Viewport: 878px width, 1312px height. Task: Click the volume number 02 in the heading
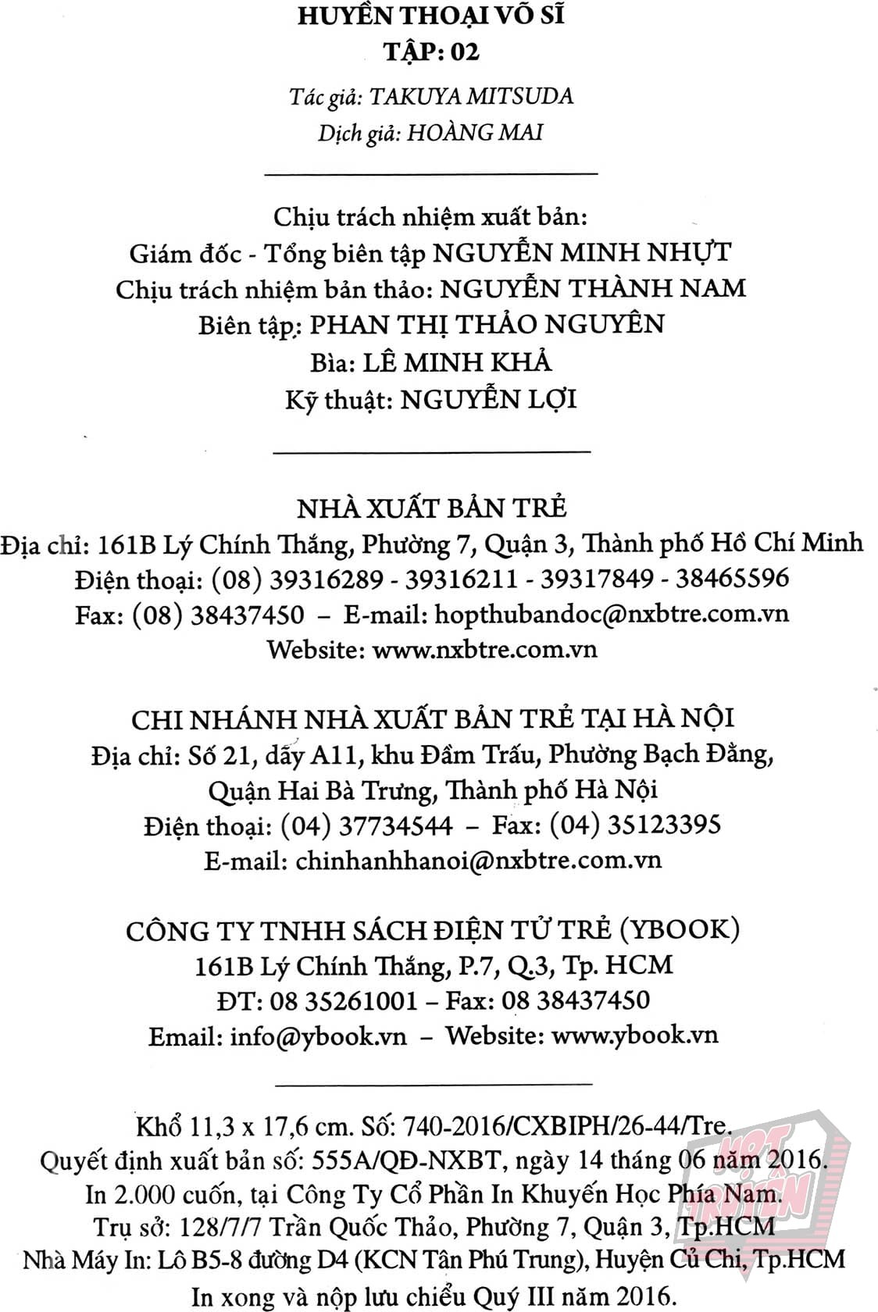click(463, 52)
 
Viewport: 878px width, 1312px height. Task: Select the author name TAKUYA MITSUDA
click(471, 96)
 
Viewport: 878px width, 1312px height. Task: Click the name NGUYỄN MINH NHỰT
click(582, 253)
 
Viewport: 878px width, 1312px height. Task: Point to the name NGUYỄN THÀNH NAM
click(594, 289)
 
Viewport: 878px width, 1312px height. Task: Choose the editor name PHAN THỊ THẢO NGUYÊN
click(487, 324)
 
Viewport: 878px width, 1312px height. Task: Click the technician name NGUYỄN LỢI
click(489, 400)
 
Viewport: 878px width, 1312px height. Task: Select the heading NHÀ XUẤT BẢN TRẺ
click(432, 508)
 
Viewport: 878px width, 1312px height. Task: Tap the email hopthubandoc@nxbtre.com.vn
click(611, 614)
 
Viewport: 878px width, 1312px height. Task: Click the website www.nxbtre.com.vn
click(485, 649)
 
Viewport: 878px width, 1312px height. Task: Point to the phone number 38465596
click(732, 579)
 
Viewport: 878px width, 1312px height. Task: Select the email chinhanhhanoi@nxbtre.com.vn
click(479, 861)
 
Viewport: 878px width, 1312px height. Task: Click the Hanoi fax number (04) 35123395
click(635, 825)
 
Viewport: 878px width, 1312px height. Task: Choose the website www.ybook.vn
click(634, 1036)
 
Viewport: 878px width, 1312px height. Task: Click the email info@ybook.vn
click(319, 1036)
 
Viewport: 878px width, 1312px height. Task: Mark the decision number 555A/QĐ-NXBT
click(405, 1160)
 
